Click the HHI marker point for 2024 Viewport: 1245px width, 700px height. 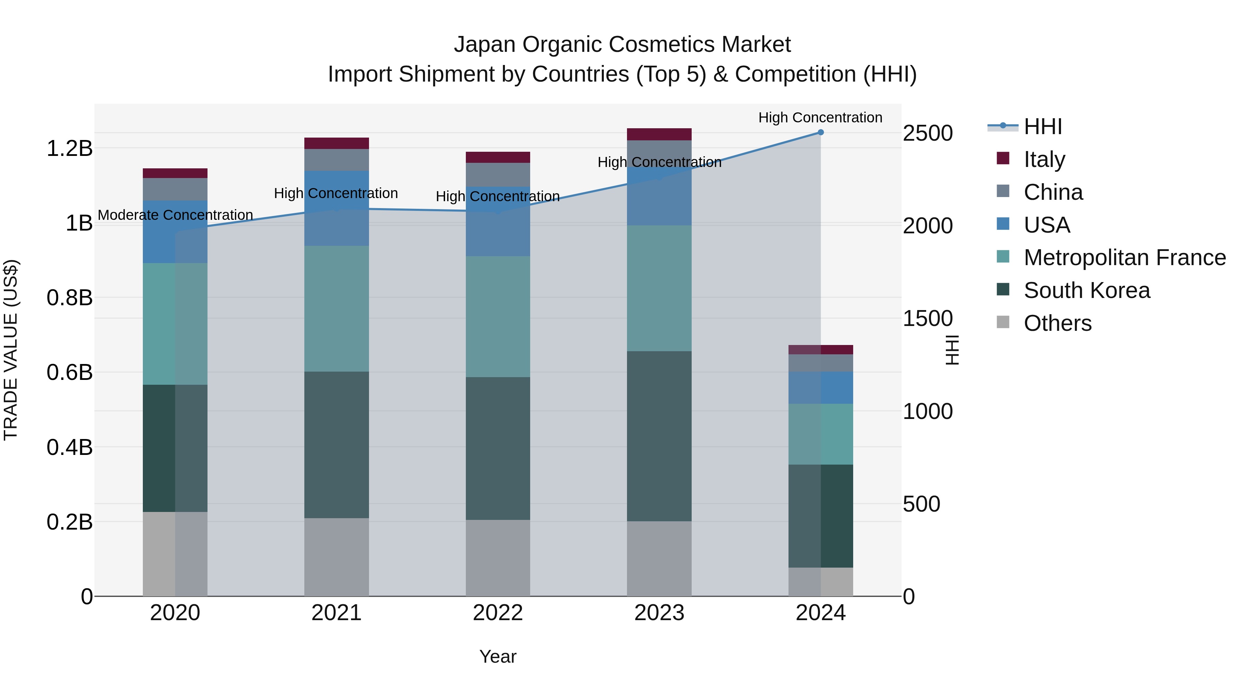click(820, 132)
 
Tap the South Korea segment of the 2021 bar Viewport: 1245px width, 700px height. click(336, 445)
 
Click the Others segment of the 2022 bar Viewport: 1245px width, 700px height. click(498, 558)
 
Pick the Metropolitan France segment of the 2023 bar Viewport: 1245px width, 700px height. click(659, 288)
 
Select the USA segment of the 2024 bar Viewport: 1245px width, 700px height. click(820, 388)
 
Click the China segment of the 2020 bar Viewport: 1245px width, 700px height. click(175, 189)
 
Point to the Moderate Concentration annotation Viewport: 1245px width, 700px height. click(175, 215)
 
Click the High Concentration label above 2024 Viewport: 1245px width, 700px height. click(820, 118)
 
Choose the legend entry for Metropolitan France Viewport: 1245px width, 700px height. click(1125, 258)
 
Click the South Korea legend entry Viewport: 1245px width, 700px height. click(1087, 290)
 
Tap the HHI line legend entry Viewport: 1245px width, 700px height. click(1042, 127)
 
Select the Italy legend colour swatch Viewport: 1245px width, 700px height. click(1003, 158)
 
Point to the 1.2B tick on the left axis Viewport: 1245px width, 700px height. click(69, 148)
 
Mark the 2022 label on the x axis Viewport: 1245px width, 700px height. click(498, 613)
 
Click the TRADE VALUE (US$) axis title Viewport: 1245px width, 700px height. click(11, 350)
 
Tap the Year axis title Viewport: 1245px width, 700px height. click(498, 656)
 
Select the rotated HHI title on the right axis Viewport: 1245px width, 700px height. click(951, 350)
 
